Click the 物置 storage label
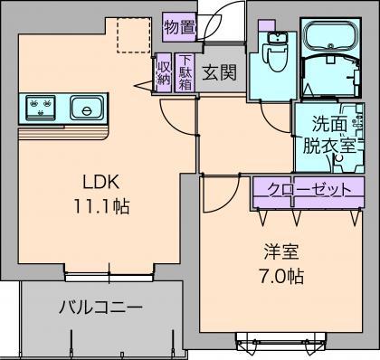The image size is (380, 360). click(179, 27)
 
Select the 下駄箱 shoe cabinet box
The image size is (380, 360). click(185, 72)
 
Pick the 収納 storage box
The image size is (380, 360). click(163, 72)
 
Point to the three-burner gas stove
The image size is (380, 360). click(42, 109)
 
